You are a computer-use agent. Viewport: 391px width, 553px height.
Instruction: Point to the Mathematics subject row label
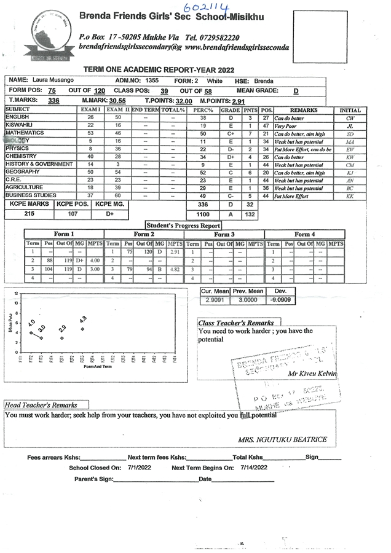[25, 133]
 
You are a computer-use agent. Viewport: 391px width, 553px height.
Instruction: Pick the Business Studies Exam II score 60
[117, 195]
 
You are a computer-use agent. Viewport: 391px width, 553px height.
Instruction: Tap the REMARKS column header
[304, 110]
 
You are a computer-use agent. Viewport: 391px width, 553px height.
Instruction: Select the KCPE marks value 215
[29, 214]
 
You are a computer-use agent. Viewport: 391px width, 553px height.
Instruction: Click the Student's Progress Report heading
[183, 226]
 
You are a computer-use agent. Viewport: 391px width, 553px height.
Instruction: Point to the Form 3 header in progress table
[224, 234]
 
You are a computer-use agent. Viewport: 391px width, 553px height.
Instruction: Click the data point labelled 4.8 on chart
[82, 329]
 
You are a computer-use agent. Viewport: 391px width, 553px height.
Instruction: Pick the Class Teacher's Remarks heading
[236, 323]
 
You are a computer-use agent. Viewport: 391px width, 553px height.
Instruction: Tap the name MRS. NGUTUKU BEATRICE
[282, 439]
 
